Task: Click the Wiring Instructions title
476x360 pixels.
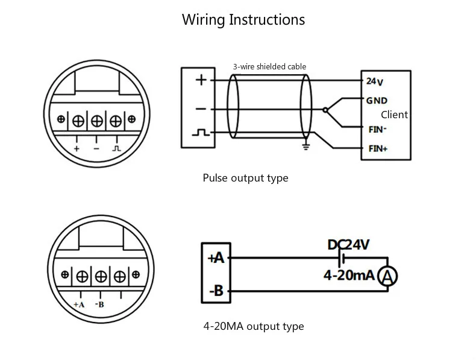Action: click(x=243, y=20)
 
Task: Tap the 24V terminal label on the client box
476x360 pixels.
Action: click(x=375, y=81)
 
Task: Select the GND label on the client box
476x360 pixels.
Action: click(x=377, y=101)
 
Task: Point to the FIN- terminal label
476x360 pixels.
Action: click(x=378, y=130)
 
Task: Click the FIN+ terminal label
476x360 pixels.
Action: click(x=378, y=148)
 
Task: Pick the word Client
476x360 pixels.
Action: click(x=394, y=115)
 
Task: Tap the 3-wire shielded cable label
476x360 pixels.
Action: click(x=269, y=66)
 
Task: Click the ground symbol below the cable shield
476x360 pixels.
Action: click(x=306, y=147)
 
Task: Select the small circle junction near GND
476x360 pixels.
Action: click(x=325, y=110)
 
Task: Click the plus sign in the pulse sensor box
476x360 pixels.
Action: click(x=201, y=80)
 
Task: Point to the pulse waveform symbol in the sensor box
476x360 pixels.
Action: click(x=201, y=133)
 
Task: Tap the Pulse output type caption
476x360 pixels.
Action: click(x=246, y=178)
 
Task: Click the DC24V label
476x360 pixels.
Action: click(x=348, y=245)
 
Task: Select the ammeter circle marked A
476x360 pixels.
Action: click(x=387, y=276)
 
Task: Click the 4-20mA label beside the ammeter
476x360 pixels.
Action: click(x=349, y=275)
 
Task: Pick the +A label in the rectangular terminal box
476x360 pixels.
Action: click(x=216, y=258)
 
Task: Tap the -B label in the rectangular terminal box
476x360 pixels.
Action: click(x=216, y=291)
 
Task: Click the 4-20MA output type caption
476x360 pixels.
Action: click(x=254, y=326)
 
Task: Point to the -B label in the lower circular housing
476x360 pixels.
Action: click(x=99, y=305)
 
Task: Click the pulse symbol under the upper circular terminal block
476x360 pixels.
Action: click(x=116, y=148)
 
